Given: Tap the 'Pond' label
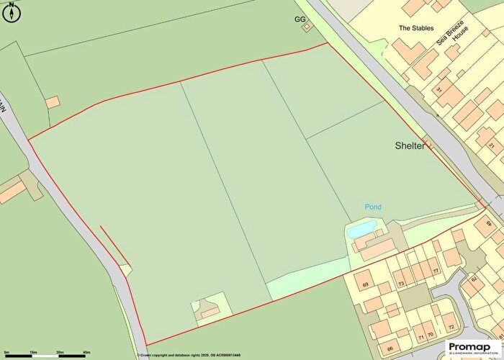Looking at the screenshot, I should coord(372,207).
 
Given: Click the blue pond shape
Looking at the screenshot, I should coord(361,230).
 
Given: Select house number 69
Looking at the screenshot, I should coord(365,286).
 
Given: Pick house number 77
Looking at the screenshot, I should coord(436,271).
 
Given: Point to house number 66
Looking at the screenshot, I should coord(389,348).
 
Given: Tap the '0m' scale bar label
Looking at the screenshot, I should coord(6,352).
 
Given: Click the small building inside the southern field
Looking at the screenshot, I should coord(209,310).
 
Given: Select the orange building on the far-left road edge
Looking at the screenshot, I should coord(12,191).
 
